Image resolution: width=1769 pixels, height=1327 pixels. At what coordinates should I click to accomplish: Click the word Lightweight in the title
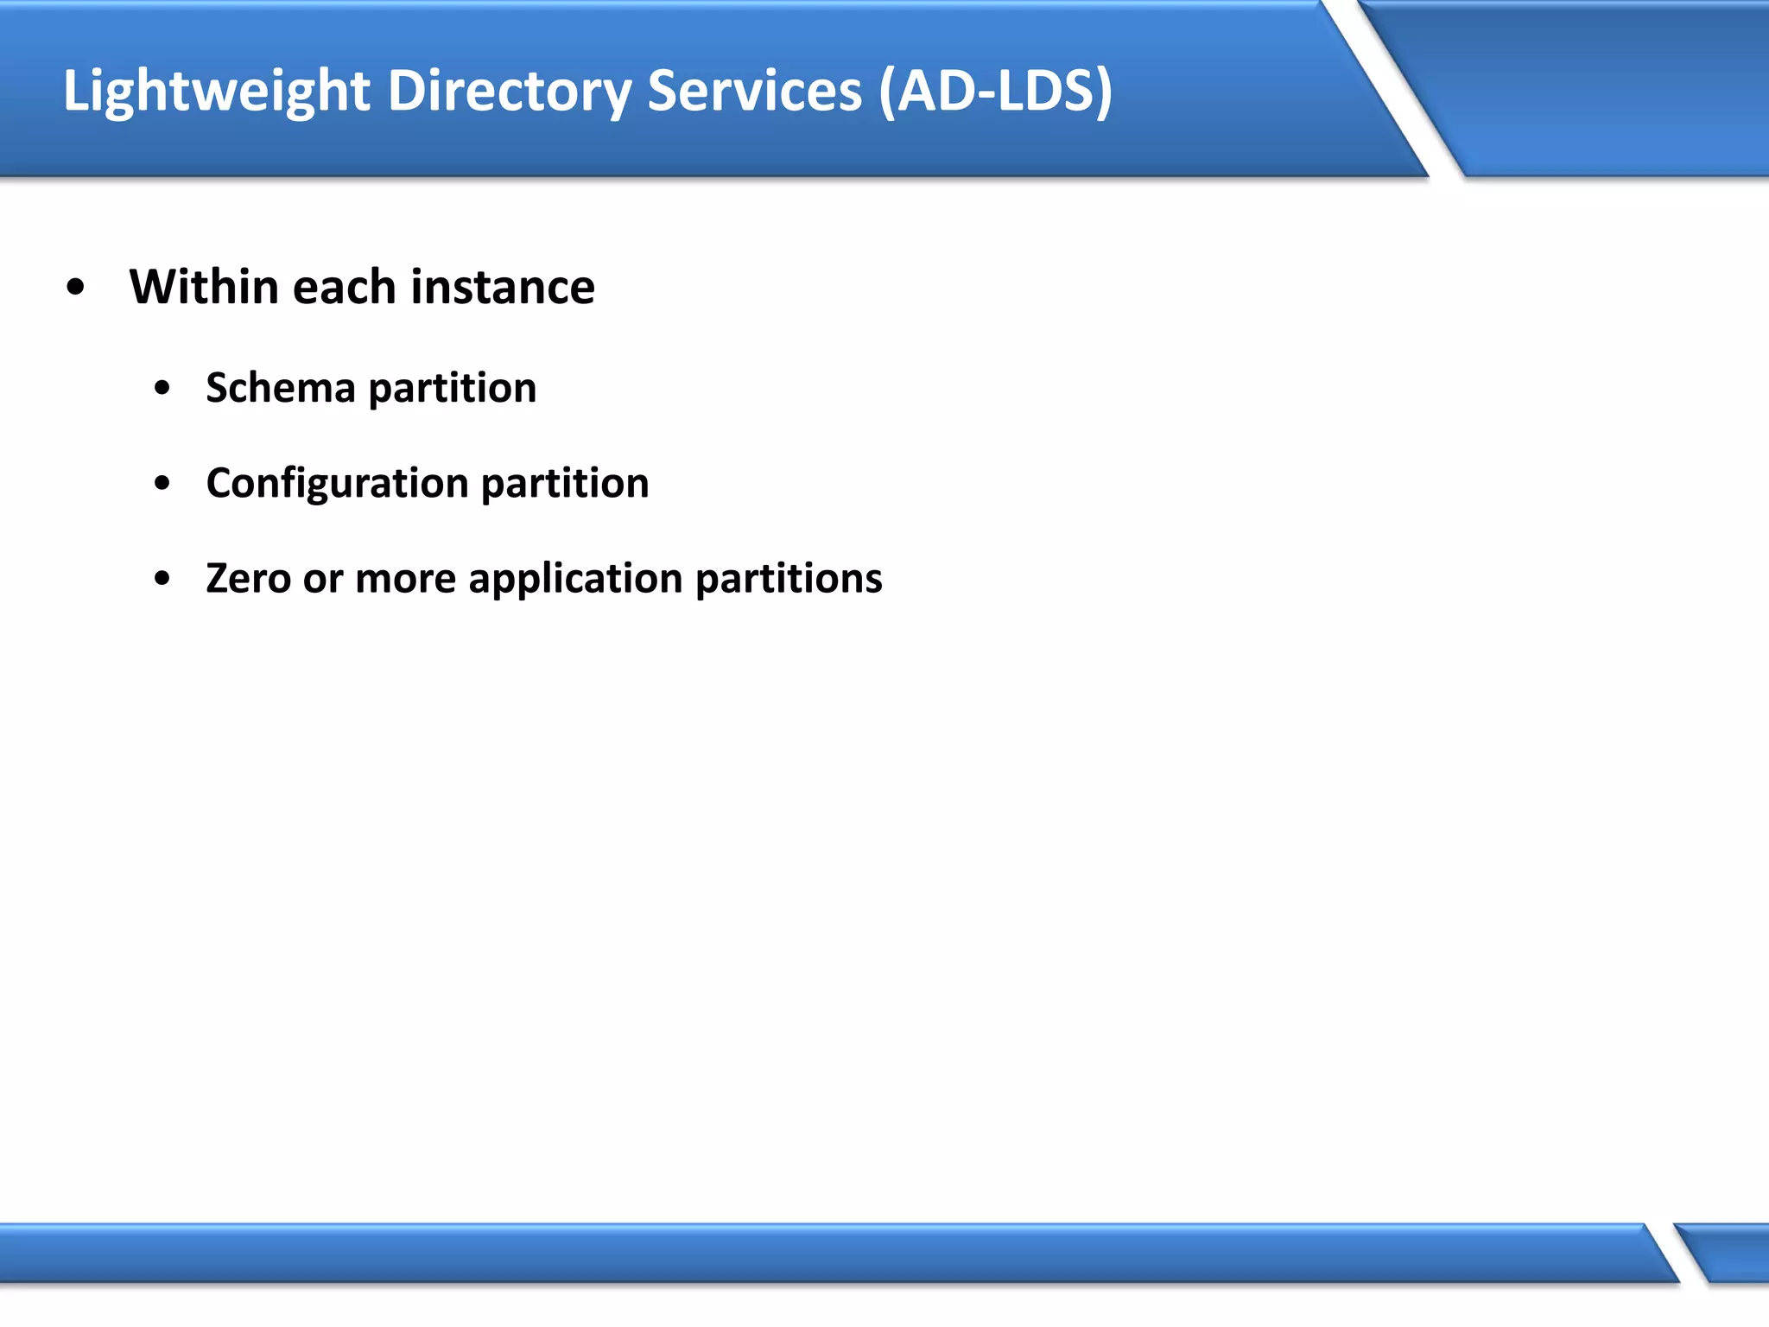click(x=217, y=92)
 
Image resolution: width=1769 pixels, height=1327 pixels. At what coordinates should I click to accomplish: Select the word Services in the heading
click(x=754, y=92)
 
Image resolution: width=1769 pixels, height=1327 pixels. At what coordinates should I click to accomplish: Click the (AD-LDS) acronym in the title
click(x=995, y=92)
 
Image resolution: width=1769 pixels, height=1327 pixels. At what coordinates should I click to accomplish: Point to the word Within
click(x=203, y=287)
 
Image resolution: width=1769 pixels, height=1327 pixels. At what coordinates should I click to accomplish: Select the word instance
click(x=503, y=287)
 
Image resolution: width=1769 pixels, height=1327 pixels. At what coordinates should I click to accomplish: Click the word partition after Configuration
click(x=565, y=484)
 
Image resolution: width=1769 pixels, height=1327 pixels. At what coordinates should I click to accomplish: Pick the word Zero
click(x=249, y=578)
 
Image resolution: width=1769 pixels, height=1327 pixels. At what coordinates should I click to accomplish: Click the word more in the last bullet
click(x=405, y=579)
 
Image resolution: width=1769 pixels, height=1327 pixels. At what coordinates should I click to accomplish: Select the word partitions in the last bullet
click(x=789, y=580)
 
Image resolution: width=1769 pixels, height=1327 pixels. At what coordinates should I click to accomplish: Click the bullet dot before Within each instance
click(x=76, y=289)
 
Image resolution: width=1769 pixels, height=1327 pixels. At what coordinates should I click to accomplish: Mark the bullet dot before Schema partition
click(x=162, y=389)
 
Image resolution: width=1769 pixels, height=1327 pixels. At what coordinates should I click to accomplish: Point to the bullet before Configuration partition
click(x=162, y=484)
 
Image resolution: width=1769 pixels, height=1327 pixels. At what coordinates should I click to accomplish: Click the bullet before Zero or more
click(x=162, y=579)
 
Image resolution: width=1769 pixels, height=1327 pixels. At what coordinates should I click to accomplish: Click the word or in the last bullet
click(x=323, y=579)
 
